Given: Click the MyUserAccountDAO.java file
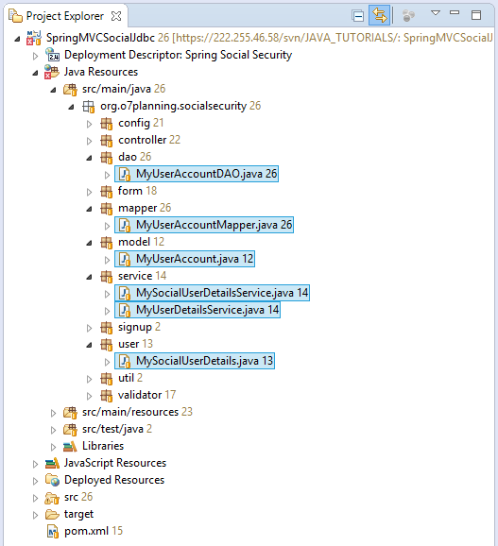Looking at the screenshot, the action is pyautogui.click(x=197, y=174).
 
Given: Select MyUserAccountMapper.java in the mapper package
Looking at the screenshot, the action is pyautogui.click(x=204, y=225).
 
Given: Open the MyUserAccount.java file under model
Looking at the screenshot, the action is pyautogui.click(x=185, y=259).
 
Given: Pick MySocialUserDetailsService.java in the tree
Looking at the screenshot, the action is pyautogui.click(x=212, y=293).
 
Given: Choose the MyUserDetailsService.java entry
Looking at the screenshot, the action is pyautogui.click(x=197, y=310).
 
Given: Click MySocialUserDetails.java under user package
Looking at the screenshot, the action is pyautogui.click(x=195, y=361).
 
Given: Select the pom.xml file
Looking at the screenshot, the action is pyautogui.click(x=86, y=531).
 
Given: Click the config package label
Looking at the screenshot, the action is pyautogui.click(x=134, y=123).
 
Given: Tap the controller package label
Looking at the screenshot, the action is pyautogui.click(x=143, y=140).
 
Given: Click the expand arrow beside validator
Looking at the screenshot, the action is pyautogui.click(x=89, y=396).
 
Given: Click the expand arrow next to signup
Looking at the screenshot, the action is pyautogui.click(x=89, y=328).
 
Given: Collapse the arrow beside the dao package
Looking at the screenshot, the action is pyautogui.click(x=89, y=158).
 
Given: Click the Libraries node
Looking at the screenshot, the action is pyautogui.click(x=103, y=446).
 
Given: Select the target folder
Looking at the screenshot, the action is pyautogui.click(x=78, y=514).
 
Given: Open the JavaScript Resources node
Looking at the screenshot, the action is pyautogui.click(x=115, y=463).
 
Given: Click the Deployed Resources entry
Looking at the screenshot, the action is pyautogui.click(x=114, y=480).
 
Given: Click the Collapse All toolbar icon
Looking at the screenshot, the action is pyautogui.click(x=358, y=16).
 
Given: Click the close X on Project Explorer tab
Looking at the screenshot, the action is pyautogui.click(x=116, y=16).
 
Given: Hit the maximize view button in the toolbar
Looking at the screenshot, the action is pyautogui.click(x=476, y=15).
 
